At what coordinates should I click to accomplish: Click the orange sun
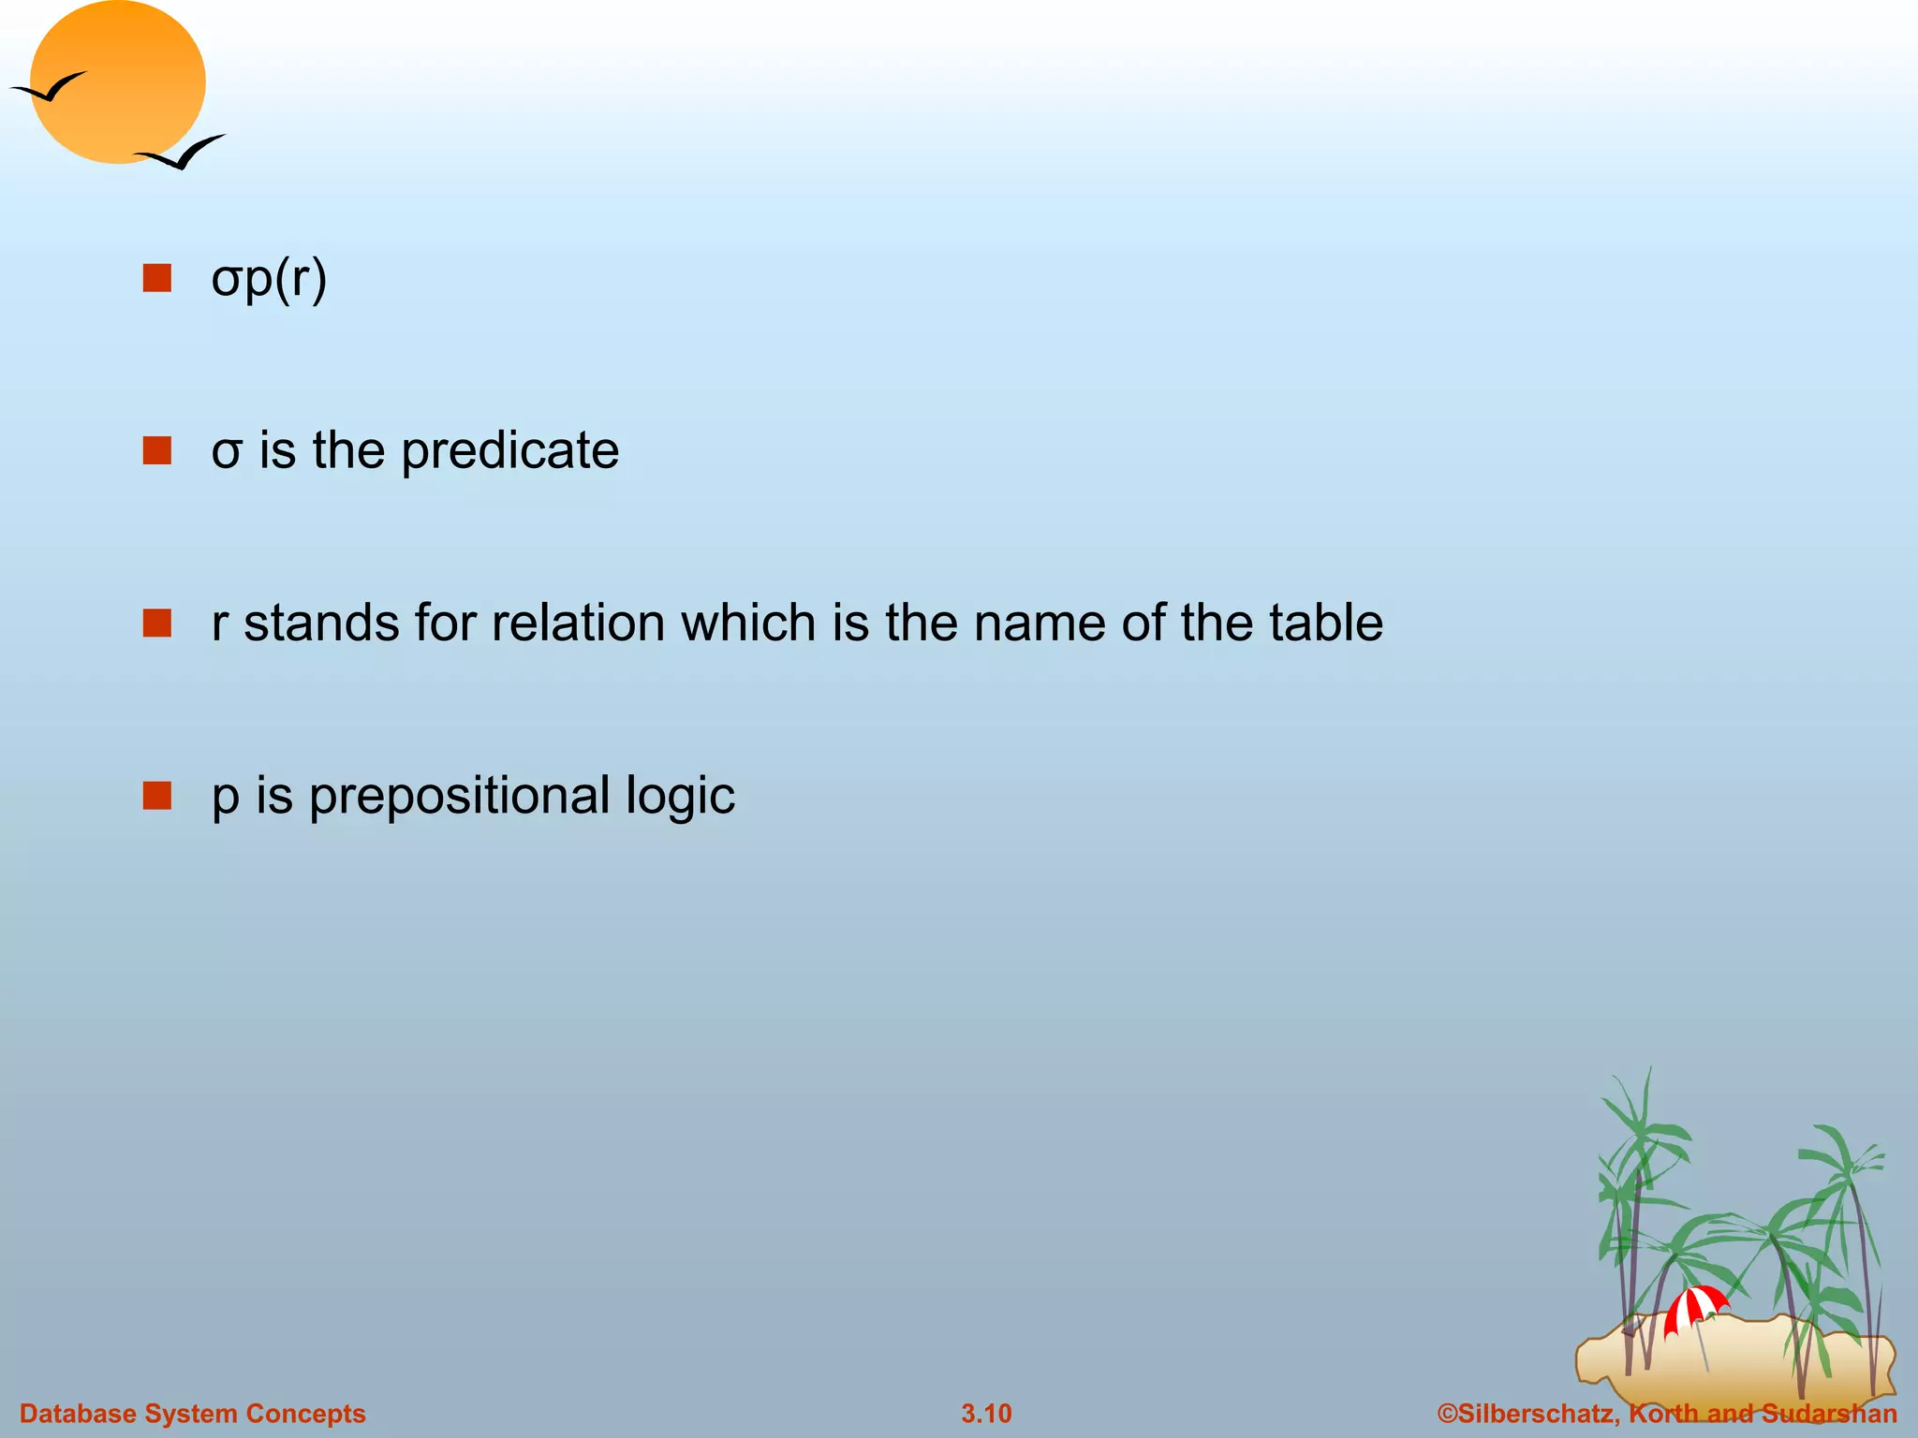tap(118, 82)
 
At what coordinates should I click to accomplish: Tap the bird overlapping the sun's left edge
tap(52, 89)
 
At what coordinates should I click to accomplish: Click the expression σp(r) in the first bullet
tap(269, 278)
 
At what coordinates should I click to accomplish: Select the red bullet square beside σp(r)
tap(157, 278)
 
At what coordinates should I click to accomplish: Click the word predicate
tap(510, 451)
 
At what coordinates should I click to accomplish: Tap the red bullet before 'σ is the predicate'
tap(157, 450)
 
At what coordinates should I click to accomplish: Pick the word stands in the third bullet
tap(321, 624)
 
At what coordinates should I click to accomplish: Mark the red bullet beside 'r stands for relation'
tap(157, 623)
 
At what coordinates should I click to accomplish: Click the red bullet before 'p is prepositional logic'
tap(157, 796)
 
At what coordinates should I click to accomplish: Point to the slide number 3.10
tap(986, 1413)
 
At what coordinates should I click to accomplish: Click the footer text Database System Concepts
tap(193, 1413)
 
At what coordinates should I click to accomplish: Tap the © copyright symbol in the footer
tap(1447, 1413)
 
